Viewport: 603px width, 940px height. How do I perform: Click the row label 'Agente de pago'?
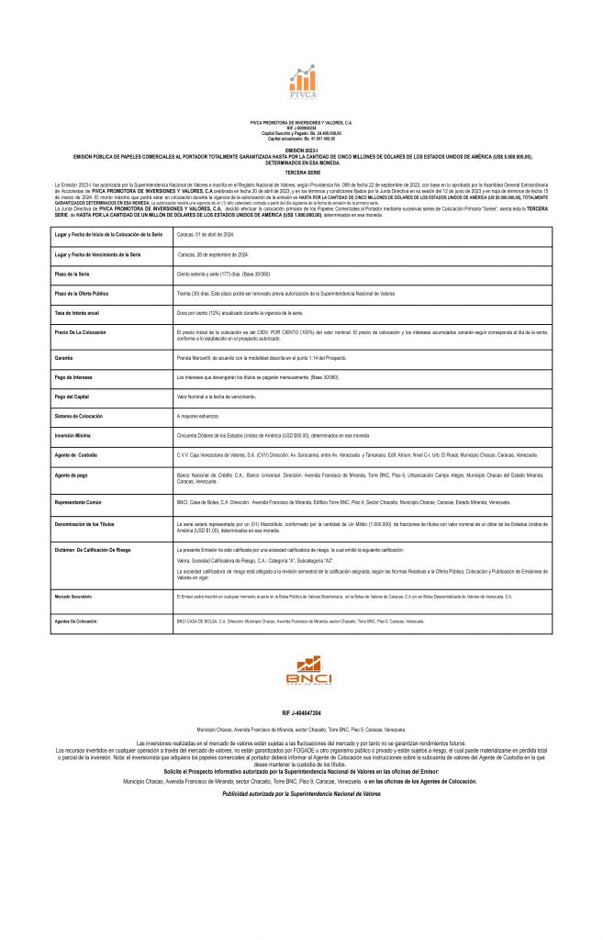(x=72, y=476)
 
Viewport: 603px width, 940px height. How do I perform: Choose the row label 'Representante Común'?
(x=79, y=503)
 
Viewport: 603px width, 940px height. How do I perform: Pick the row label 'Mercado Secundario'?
(x=73, y=597)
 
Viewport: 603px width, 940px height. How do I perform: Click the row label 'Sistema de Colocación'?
(x=79, y=416)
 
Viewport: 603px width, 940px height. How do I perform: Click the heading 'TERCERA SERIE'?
(x=301, y=172)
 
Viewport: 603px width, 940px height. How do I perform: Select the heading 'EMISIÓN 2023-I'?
(x=301, y=149)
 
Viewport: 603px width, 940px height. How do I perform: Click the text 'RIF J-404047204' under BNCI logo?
(x=301, y=712)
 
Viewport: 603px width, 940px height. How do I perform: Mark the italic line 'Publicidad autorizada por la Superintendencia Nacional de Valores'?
(x=301, y=792)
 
